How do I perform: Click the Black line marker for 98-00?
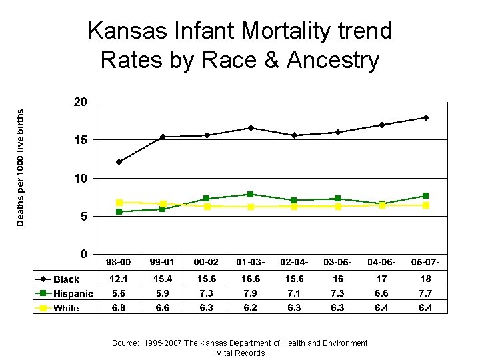[x=119, y=162]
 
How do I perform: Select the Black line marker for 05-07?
[x=426, y=118]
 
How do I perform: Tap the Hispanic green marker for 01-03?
[x=251, y=194]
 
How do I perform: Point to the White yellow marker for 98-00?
[x=119, y=202]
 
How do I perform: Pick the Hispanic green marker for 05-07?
[x=426, y=195]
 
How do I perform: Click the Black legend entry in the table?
[x=66, y=279]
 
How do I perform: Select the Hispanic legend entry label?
[x=73, y=294]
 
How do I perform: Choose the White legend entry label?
[x=66, y=308]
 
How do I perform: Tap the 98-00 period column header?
[x=119, y=261]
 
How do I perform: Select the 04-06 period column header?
[x=382, y=261]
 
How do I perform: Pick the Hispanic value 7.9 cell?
[x=251, y=293]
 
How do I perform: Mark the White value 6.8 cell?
[x=119, y=307]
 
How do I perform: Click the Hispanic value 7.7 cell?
[x=426, y=293]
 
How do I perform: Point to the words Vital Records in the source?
[x=240, y=353]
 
